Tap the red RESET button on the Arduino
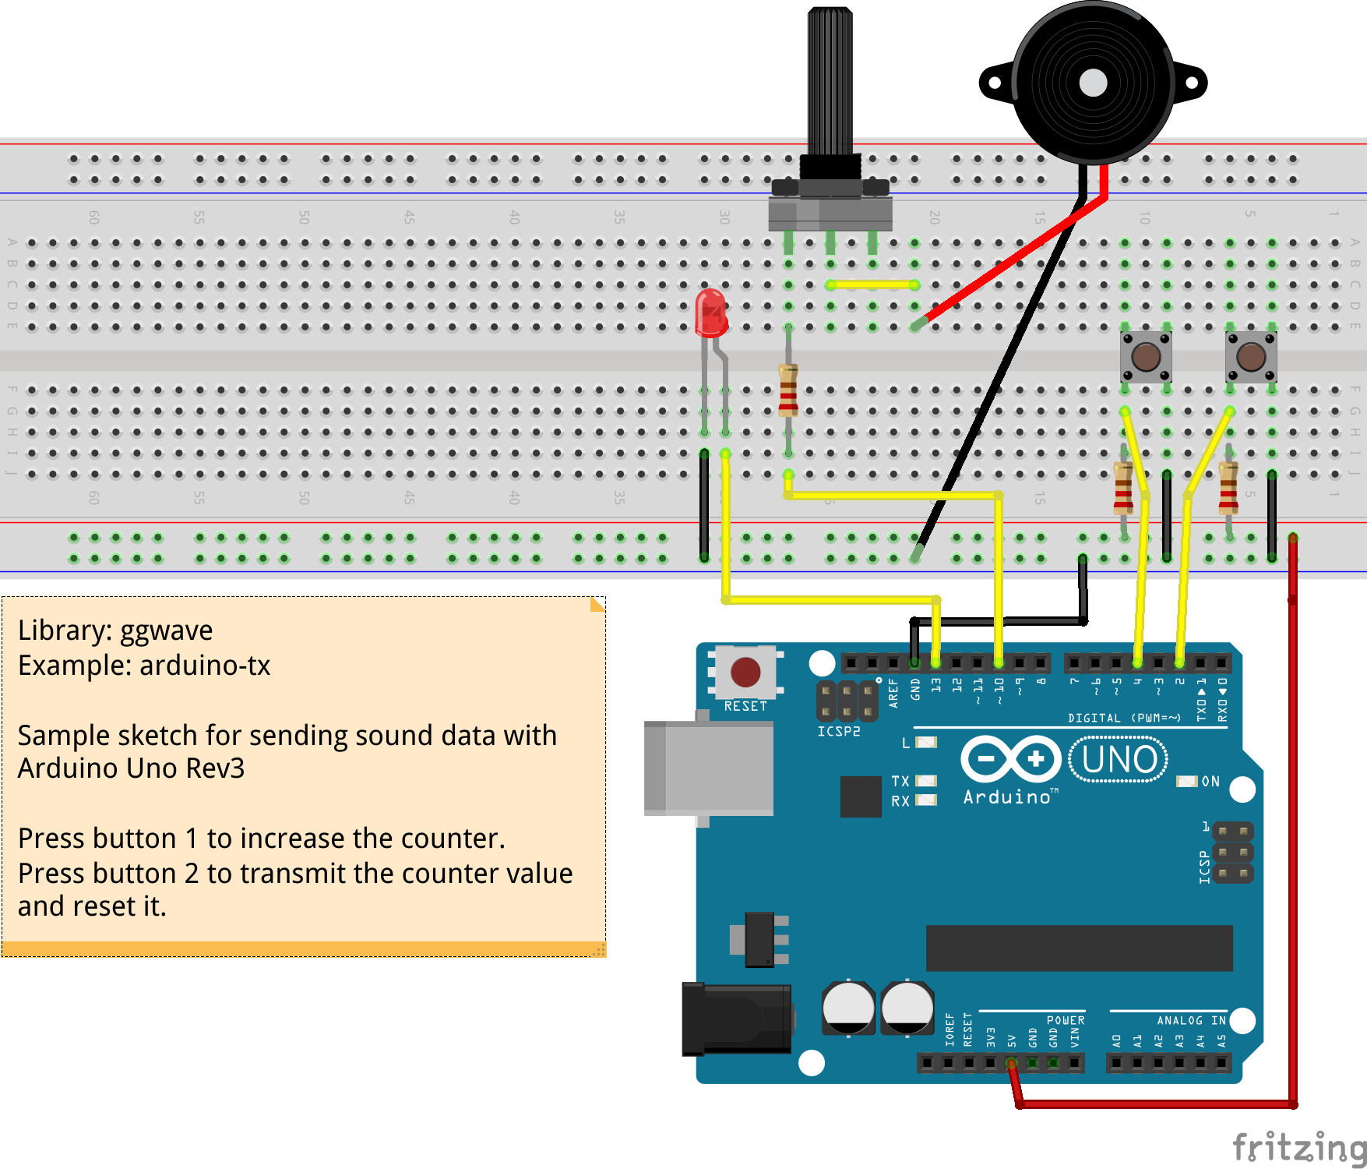[x=745, y=672]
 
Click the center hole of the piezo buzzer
[x=1093, y=83]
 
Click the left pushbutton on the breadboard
[x=1146, y=357]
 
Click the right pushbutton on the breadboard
[x=1251, y=357]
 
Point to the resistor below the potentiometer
[x=788, y=390]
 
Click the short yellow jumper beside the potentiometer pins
[x=872, y=285]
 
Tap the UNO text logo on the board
[x=1119, y=760]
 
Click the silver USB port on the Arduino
[x=709, y=768]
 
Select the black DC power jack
[x=736, y=1018]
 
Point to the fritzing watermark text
[x=1298, y=1147]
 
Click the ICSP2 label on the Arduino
[x=838, y=732]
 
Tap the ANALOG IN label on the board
[x=1191, y=1020]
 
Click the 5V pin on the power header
[x=1011, y=1062]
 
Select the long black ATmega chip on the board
[x=1079, y=948]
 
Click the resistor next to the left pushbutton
[x=1123, y=487]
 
